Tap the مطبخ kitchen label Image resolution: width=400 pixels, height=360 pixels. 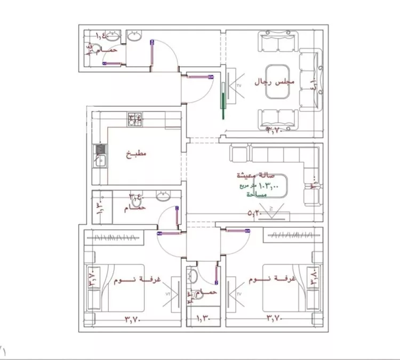point(135,155)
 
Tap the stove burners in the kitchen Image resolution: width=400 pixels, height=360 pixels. point(134,118)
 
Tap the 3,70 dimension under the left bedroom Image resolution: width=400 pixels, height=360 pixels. point(132,319)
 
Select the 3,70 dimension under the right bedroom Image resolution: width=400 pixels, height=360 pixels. point(275,319)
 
